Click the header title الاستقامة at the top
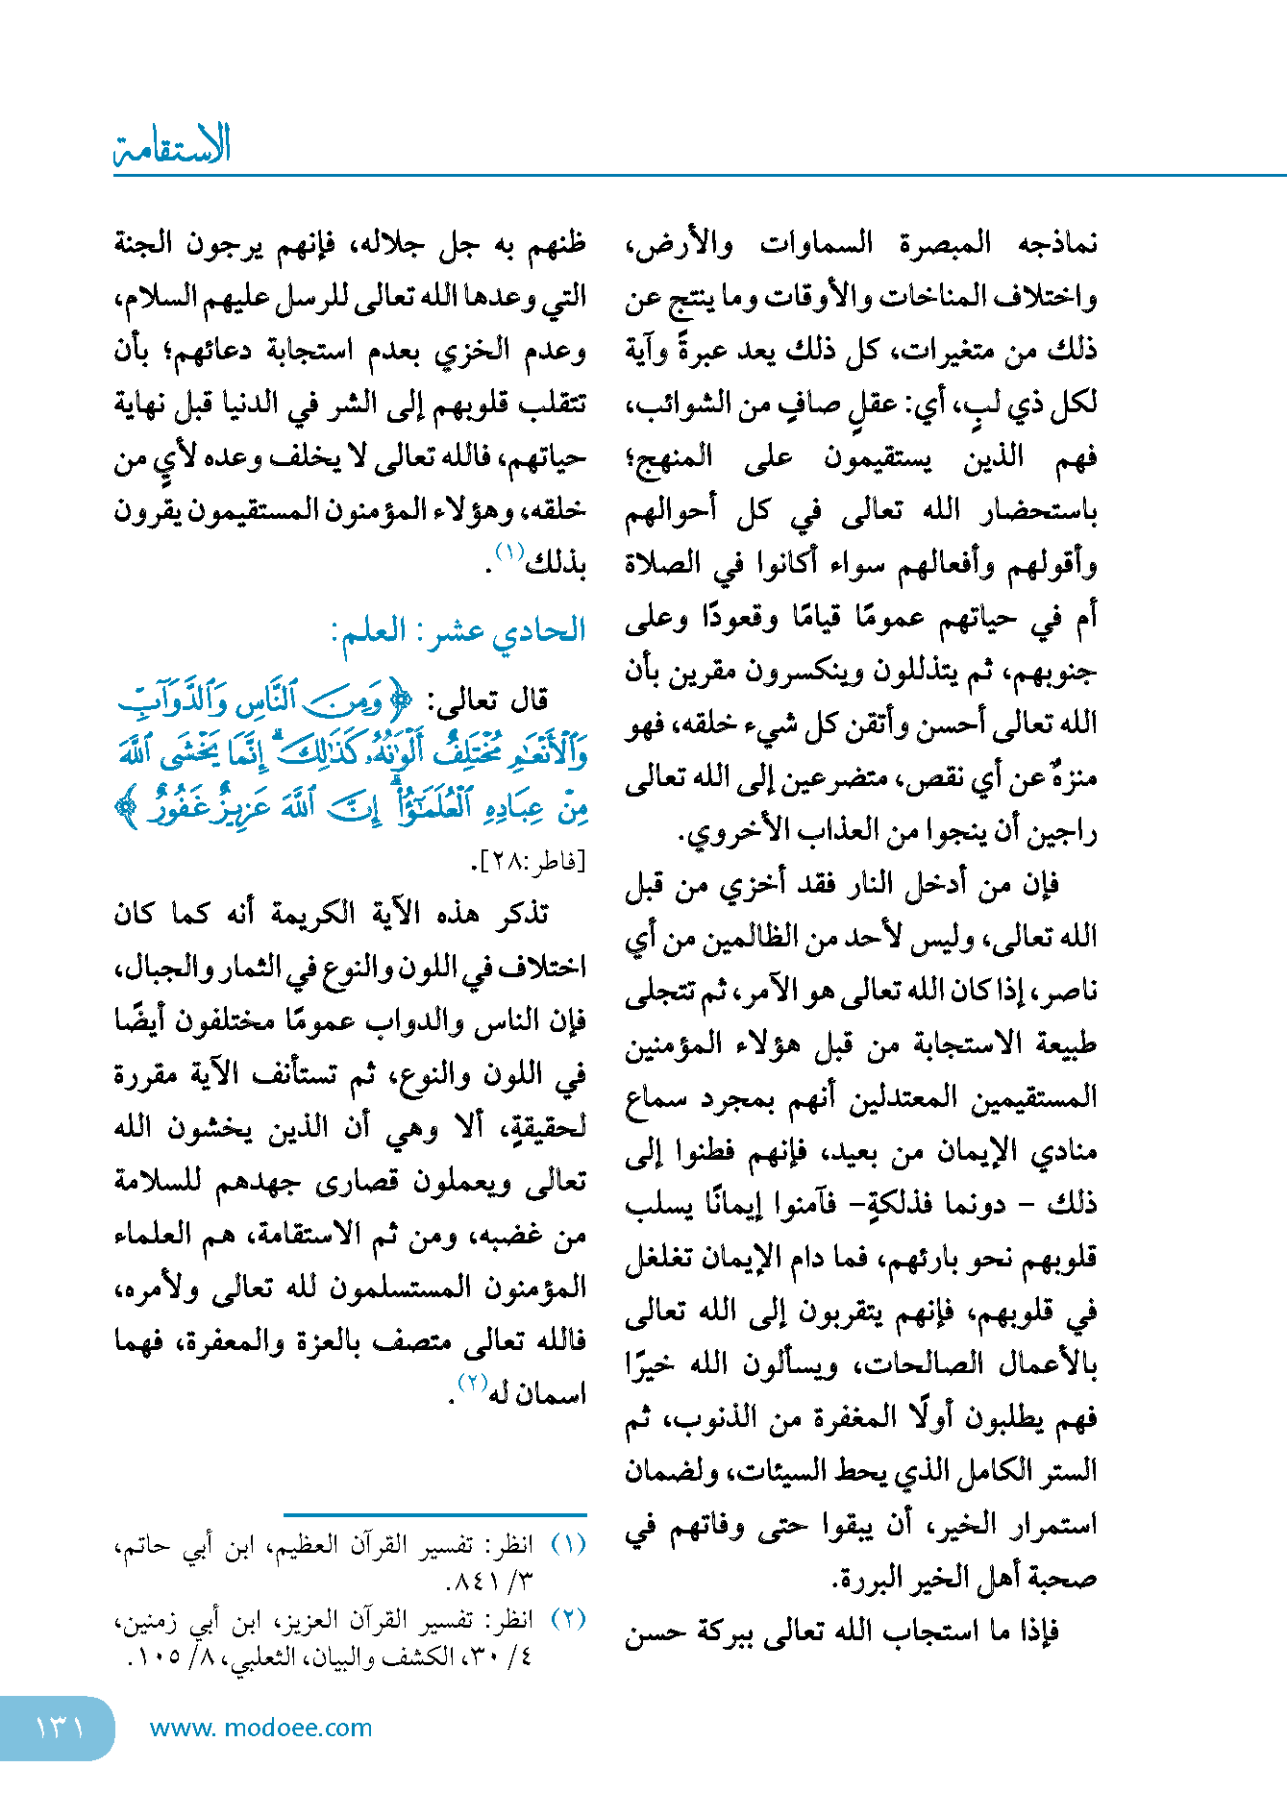click(x=173, y=146)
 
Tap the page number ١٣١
click(x=60, y=1728)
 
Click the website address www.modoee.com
click(x=260, y=1728)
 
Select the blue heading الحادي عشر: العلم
click(x=458, y=631)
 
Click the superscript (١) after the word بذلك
click(x=508, y=552)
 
